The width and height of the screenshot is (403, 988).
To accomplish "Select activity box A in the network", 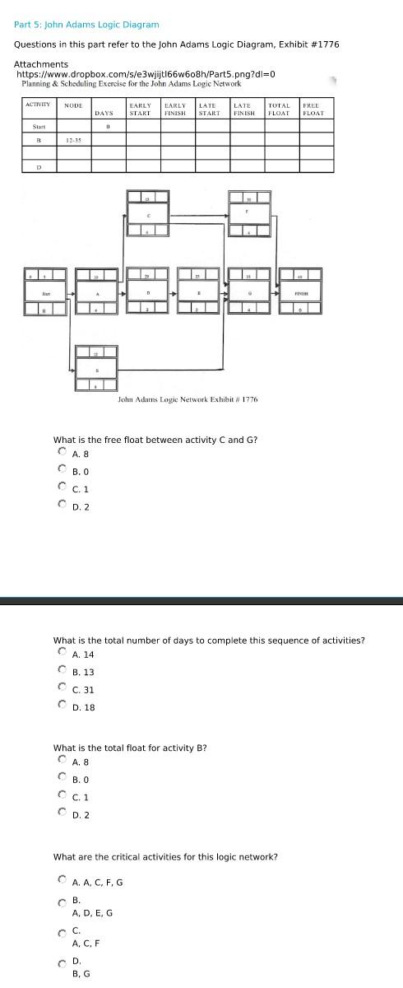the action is [97, 291].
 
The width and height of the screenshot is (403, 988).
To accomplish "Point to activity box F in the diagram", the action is [248, 215].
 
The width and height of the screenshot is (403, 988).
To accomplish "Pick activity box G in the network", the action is [248, 291].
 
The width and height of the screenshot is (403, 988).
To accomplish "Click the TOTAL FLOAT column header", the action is [280, 109].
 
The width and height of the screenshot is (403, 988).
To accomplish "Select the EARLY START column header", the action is [140, 109].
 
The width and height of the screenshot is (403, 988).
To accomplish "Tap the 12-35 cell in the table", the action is [73, 141].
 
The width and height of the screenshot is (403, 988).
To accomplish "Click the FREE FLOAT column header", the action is [313, 109].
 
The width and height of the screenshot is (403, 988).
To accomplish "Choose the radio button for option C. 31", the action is [62, 689].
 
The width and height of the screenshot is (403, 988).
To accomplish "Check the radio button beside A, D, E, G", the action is [62, 905].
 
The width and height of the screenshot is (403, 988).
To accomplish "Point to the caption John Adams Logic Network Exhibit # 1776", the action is [188, 398].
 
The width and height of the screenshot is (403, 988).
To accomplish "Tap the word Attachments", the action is [41, 64].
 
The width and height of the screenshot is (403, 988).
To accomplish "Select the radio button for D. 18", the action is [62, 706].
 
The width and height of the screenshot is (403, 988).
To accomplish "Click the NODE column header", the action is [73, 105].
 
